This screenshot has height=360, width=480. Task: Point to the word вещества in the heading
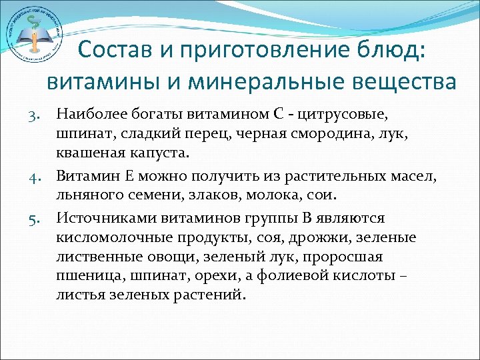(407, 82)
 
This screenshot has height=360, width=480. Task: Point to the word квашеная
(89, 153)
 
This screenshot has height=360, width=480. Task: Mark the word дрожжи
(311, 238)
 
